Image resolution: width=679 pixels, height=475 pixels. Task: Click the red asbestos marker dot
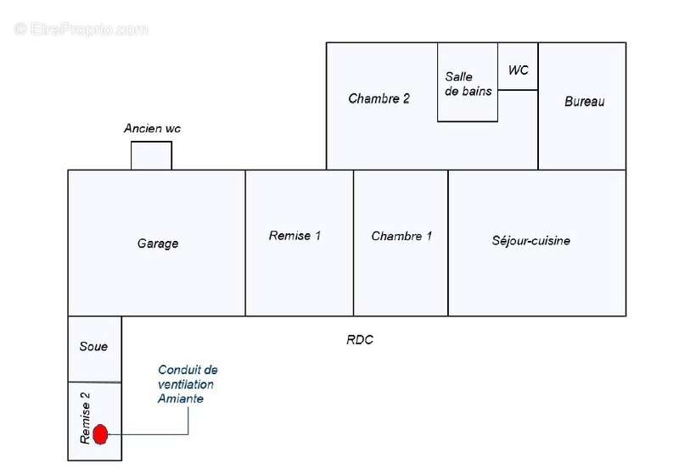click(x=100, y=434)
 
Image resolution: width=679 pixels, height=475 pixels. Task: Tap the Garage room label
click(x=158, y=243)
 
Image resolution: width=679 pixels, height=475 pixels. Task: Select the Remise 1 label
click(x=295, y=236)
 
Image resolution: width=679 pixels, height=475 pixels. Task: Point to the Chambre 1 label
click(x=401, y=236)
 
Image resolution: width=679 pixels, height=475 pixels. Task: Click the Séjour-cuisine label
click(x=531, y=241)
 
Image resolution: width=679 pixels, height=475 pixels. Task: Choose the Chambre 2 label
click(x=379, y=98)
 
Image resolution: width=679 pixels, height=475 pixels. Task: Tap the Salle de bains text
click(x=469, y=84)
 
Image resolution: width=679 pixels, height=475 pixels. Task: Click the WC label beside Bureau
click(x=519, y=70)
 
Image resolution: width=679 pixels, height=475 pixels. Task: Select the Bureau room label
click(x=584, y=102)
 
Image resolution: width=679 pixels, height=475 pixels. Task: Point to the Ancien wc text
click(x=152, y=128)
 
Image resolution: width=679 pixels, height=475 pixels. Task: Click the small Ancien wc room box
click(x=152, y=155)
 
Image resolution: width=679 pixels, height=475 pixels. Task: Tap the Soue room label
click(x=93, y=347)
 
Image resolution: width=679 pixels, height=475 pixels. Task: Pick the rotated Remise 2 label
click(x=86, y=418)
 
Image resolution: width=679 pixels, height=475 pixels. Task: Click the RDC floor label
click(x=359, y=340)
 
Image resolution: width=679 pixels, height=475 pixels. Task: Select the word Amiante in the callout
click(x=181, y=399)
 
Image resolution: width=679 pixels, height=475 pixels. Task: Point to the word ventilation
click(x=186, y=384)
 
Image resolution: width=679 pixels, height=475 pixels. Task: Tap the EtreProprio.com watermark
click(x=81, y=30)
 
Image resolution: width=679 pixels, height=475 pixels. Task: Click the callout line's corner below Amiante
click(x=188, y=434)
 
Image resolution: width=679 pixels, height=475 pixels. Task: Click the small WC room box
click(x=518, y=66)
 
